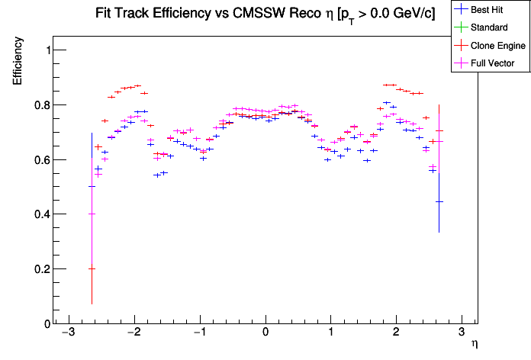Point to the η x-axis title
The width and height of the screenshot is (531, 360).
[x=475, y=345]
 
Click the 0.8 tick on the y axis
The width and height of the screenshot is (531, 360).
[x=41, y=104]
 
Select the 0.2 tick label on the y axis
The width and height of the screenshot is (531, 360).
[x=41, y=269]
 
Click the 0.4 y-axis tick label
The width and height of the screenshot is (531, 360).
[x=41, y=214]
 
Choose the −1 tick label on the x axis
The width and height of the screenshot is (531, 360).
[x=198, y=333]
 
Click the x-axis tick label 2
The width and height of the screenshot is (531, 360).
[x=396, y=333]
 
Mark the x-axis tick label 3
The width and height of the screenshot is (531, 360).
[x=462, y=333]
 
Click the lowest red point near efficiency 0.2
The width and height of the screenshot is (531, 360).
[x=92, y=268]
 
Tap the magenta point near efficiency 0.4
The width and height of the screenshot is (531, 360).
[x=92, y=214]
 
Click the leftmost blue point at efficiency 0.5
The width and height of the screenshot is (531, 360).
[x=92, y=186]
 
